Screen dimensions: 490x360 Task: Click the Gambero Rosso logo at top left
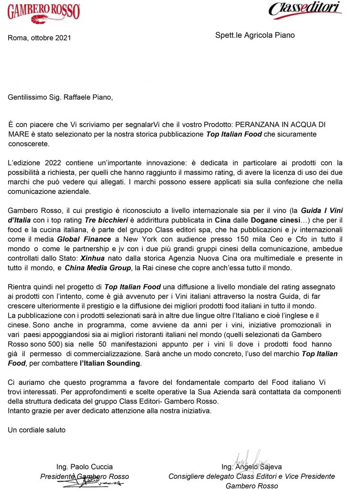[x=44, y=13]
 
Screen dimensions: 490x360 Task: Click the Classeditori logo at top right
[x=305, y=9]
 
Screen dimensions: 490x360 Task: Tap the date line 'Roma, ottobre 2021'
[x=39, y=38]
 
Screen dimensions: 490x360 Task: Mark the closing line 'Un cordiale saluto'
[x=37, y=430]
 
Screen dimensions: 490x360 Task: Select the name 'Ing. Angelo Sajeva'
[x=251, y=467]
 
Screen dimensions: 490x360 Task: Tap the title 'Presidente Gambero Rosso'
[x=84, y=476]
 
